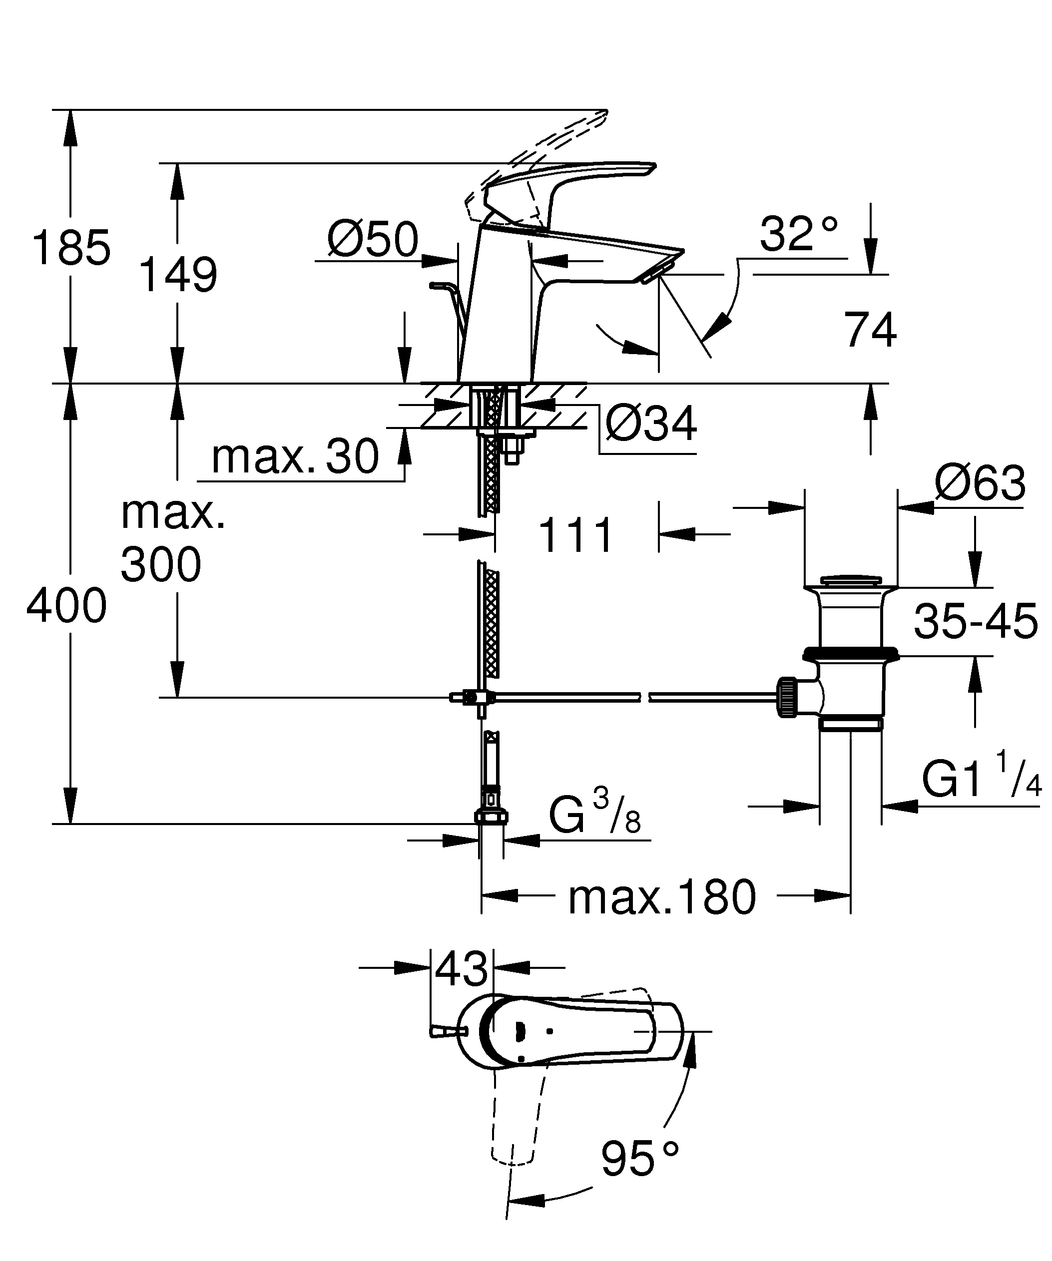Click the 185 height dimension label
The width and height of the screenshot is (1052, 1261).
click(71, 247)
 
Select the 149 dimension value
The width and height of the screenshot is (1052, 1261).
click(178, 275)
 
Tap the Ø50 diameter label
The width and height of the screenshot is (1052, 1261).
click(372, 240)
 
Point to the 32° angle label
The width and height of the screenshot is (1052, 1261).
click(798, 234)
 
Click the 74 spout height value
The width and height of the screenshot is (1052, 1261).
click(870, 330)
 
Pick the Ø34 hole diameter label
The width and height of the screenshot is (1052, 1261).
click(651, 424)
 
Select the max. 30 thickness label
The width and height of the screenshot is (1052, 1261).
click(295, 457)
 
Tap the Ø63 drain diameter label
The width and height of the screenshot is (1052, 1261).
click(980, 483)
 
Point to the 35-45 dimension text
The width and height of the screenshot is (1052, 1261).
click(975, 621)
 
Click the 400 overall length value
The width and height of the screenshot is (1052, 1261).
click(66, 606)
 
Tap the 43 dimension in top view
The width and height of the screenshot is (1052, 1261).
click(461, 969)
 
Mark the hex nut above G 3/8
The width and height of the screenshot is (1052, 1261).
click(491, 816)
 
